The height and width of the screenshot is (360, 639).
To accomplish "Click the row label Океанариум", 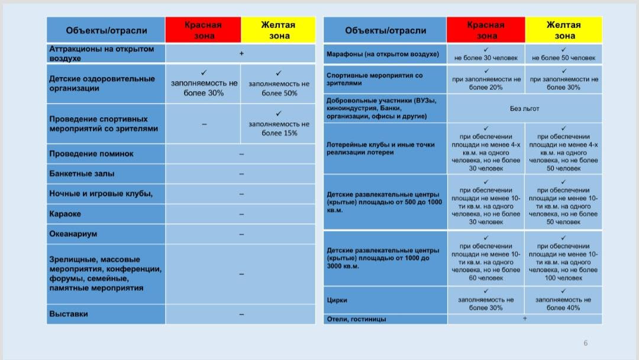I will click(73, 234).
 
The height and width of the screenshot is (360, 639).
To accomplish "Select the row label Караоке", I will click(65, 214).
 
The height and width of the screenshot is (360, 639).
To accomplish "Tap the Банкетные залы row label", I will click(82, 174).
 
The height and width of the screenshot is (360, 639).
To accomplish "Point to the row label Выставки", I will click(69, 314).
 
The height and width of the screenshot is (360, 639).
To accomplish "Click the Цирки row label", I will click(337, 300).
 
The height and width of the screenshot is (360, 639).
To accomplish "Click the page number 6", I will click(586, 343).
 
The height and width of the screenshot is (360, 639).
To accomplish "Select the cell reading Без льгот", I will click(524, 108).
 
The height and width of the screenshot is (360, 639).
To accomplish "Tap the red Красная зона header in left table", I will click(203, 30).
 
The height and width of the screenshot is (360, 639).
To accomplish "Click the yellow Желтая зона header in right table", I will click(563, 30).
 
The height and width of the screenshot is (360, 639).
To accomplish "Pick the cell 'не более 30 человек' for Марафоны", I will click(486, 54).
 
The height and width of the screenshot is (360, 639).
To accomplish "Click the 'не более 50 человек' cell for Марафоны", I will click(563, 54).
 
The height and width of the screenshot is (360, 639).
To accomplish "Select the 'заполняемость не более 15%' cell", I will click(279, 124).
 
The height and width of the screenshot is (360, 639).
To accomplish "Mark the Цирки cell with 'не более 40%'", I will click(563, 300).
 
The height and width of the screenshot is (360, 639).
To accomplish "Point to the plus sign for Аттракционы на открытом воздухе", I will click(241, 53).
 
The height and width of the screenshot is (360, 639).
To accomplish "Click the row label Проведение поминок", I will click(91, 154).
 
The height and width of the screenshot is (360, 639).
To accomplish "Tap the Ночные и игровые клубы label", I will click(101, 194).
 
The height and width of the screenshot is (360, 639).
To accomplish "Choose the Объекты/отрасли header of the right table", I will click(385, 30).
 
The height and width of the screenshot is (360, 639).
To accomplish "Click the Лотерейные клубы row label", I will click(380, 149).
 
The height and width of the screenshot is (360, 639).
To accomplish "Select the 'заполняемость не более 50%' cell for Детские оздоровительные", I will click(279, 85).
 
